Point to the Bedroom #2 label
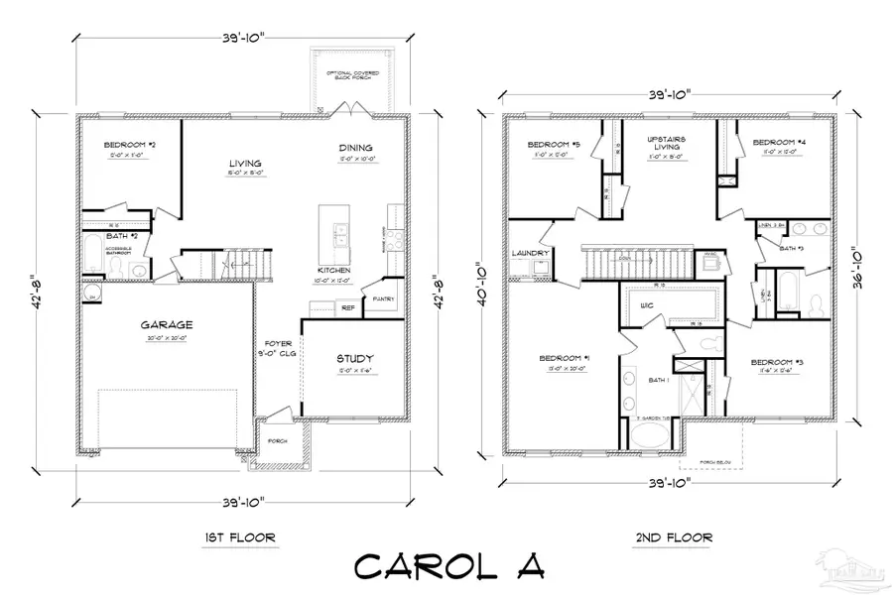tap(126, 145)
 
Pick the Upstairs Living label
tap(667, 145)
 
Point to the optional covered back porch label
tap(352, 75)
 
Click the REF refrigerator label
tap(347, 307)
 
